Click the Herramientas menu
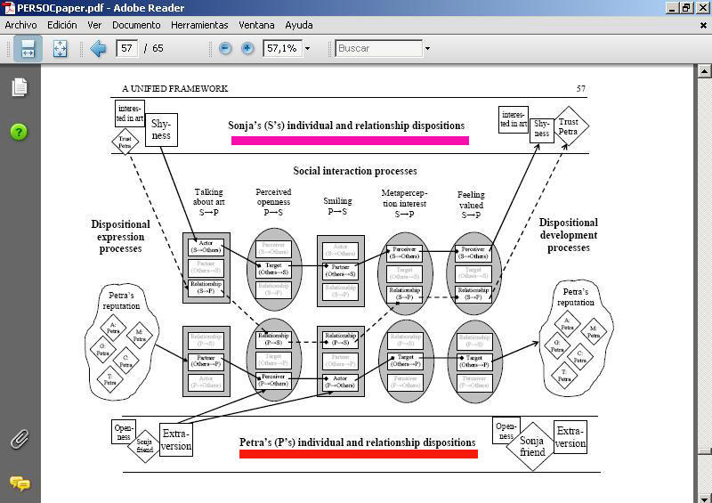199,25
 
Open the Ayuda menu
299,25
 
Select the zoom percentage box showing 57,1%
282,48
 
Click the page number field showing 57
126,48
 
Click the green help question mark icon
19,132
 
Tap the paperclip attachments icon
19,439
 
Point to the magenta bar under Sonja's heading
350,140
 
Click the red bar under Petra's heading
358,453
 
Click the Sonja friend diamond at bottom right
532,446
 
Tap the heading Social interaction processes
355,171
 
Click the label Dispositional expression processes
119,235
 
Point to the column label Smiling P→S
337,206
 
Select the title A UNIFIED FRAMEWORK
174,88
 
